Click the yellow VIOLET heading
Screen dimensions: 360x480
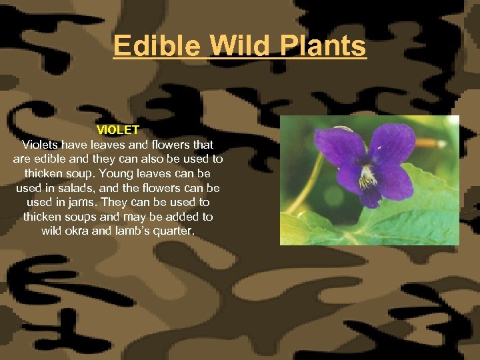(x=117, y=129)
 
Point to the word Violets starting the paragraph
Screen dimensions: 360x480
(x=41, y=144)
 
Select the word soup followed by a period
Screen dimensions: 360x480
(x=93, y=173)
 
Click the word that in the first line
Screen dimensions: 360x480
(x=202, y=144)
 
